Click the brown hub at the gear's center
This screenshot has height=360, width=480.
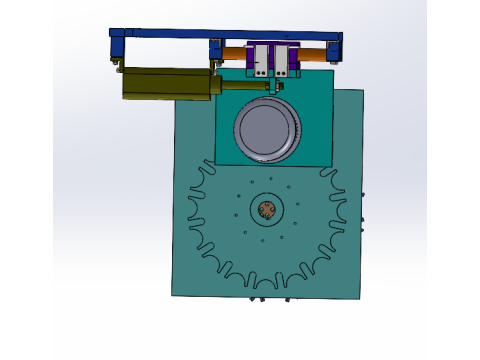click(267, 210)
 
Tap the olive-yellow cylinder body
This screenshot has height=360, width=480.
click(166, 83)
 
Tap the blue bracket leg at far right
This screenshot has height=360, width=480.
click(338, 50)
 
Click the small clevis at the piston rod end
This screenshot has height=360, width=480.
click(275, 86)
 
